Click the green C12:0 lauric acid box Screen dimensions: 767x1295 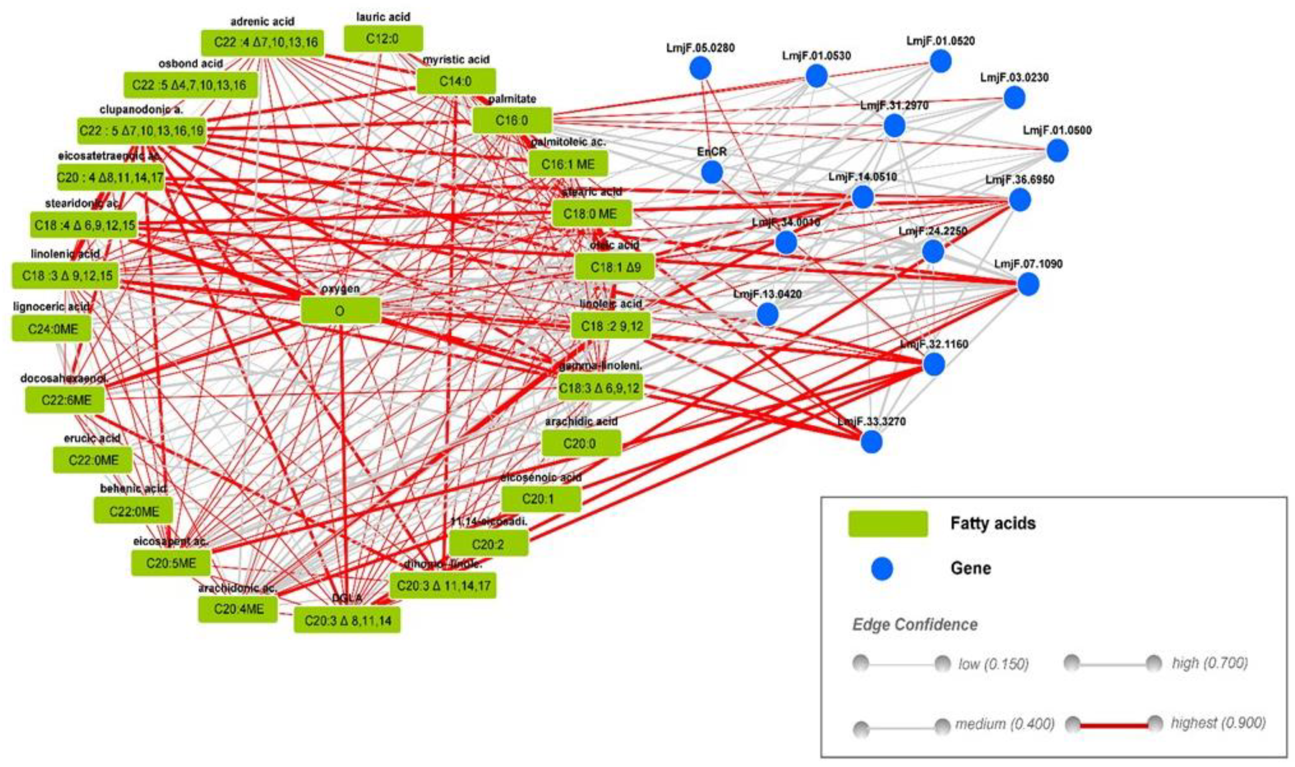(x=383, y=39)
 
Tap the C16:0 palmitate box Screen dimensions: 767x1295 (x=512, y=121)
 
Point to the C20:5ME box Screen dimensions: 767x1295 (x=171, y=563)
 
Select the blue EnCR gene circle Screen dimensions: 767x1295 (x=712, y=172)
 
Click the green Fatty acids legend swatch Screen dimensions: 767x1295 (x=888, y=524)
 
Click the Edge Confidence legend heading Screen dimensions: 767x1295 (x=914, y=624)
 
